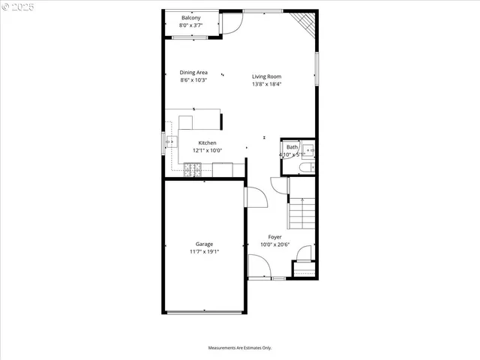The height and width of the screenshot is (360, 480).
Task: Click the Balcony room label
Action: click(190, 17)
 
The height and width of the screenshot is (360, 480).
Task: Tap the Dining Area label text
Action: click(193, 73)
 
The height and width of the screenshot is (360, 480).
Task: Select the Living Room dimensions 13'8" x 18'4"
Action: click(266, 84)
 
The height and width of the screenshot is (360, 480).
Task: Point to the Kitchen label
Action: click(207, 142)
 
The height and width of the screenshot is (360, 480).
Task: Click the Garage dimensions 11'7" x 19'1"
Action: click(204, 252)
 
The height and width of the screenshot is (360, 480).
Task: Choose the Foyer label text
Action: click(275, 237)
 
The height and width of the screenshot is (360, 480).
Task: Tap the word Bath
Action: click(292, 147)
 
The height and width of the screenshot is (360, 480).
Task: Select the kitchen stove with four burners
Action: click(193, 171)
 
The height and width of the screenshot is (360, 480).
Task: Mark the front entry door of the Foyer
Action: click(259, 266)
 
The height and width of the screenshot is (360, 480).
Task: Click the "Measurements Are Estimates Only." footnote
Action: click(240, 348)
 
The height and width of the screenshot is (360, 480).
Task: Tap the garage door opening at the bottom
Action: click(204, 313)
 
